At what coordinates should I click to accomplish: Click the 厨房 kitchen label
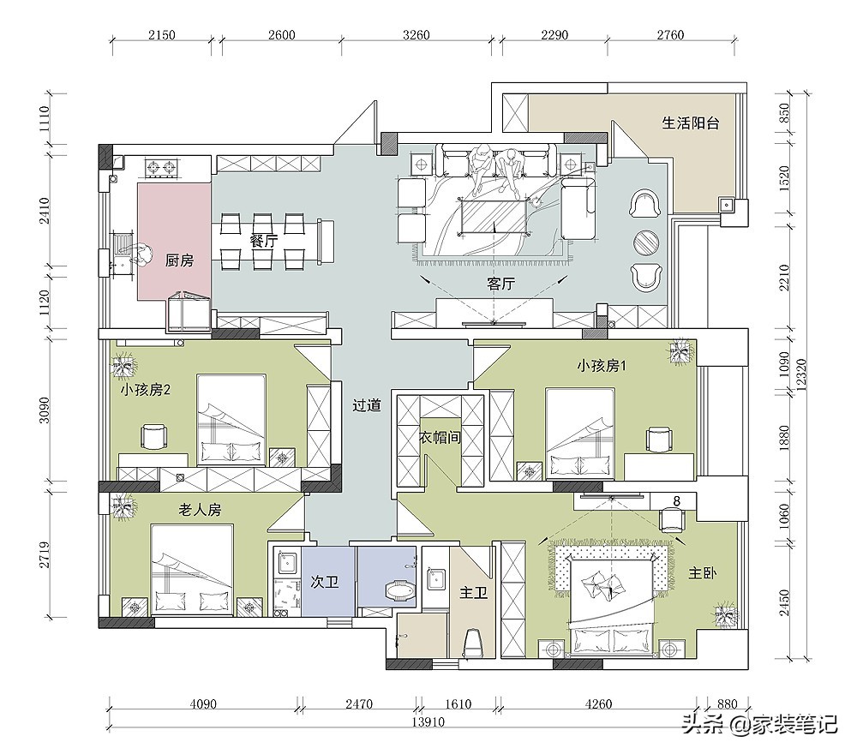(179, 260)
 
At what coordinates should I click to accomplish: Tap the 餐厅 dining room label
(264, 241)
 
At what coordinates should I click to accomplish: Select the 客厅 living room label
(500, 284)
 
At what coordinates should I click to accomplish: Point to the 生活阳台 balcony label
(690, 123)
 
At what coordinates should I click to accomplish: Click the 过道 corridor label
(366, 405)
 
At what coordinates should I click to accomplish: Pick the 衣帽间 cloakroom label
(440, 437)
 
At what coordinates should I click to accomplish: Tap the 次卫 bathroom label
(325, 582)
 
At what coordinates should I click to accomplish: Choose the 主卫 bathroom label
(473, 592)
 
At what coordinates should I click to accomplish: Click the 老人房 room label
(200, 510)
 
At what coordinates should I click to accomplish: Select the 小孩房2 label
(146, 390)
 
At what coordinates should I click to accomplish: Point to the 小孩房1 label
(602, 366)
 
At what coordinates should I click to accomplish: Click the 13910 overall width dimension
(428, 722)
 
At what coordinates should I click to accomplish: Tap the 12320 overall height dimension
(801, 374)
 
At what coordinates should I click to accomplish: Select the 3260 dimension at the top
(417, 35)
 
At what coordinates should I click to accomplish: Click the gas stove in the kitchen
(162, 168)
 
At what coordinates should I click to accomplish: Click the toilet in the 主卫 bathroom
(473, 643)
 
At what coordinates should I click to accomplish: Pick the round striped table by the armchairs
(646, 242)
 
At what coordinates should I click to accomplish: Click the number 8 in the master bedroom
(677, 500)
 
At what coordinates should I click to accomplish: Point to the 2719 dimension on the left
(45, 554)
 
